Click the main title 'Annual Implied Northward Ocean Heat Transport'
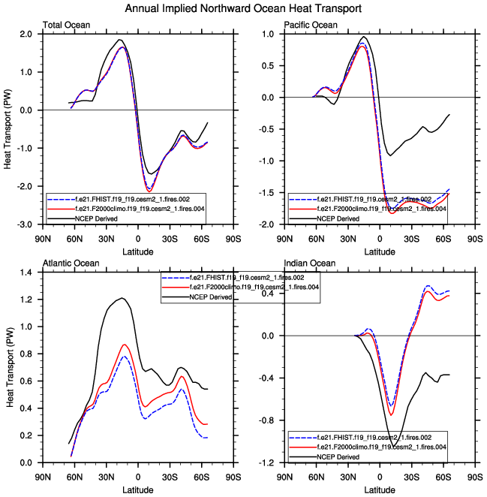[x=243, y=8]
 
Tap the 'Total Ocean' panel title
[x=67, y=26]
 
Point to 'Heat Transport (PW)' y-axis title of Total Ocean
[x=8, y=129]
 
